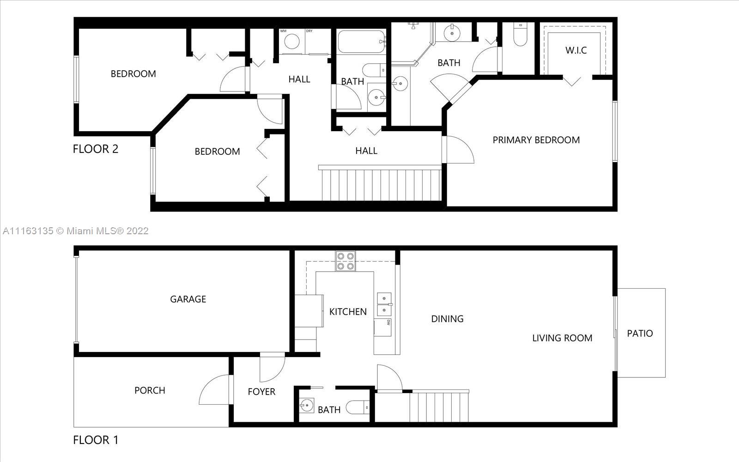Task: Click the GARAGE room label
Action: click(188, 299)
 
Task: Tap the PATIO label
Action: click(640, 333)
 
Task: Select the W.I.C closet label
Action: click(576, 50)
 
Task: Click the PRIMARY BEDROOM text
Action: click(536, 140)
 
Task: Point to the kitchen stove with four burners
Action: click(345, 261)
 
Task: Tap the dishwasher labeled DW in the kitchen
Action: click(383, 327)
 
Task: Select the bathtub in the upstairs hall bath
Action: click(362, 42)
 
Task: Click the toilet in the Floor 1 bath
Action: click(357, 407)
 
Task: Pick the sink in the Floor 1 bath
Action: click(307, 406)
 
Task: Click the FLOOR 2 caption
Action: click(95, 149)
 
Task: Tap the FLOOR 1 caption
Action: click(95, 440)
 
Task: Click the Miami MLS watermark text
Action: click(75, 231)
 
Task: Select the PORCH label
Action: click(150, 390)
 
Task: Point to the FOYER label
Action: click(261, 392)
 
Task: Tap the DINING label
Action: click(448, 319)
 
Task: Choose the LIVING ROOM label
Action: click(562, 338)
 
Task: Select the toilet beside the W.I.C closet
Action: click(521, 34)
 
